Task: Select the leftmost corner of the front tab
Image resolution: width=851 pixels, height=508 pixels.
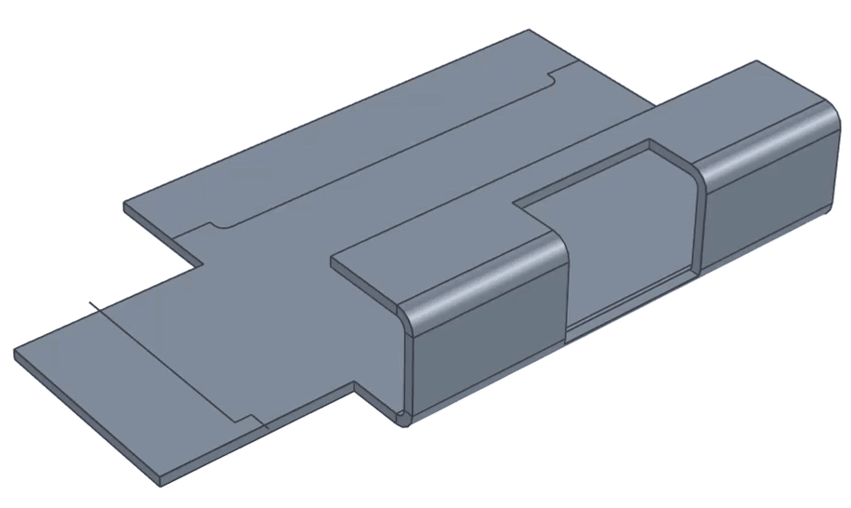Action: tap(15, 354)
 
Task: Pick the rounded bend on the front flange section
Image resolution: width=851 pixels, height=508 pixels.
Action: tap(483, 278)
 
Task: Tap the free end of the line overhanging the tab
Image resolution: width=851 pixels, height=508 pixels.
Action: tap(89, 303)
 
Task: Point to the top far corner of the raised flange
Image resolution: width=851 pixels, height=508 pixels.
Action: tap(757, 62)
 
